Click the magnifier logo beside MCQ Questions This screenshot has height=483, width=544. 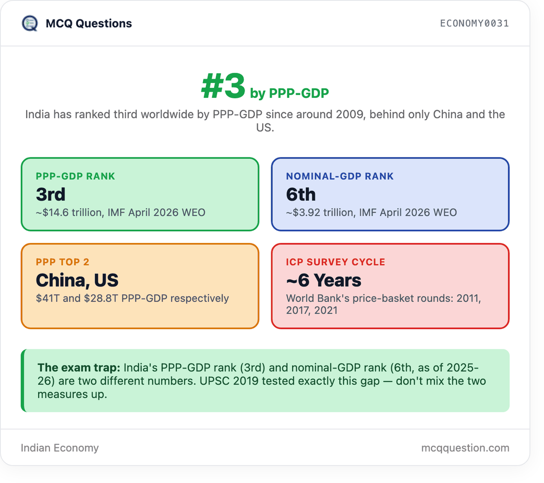30,24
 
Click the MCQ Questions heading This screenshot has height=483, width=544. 89,24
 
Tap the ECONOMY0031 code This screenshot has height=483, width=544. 474,24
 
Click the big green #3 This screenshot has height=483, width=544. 223,86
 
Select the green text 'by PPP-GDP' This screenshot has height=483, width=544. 289,93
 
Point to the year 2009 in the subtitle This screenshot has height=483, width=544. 351,114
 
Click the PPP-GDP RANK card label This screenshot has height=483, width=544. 75,176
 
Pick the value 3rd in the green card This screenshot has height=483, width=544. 51,194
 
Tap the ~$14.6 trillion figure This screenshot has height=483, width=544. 70,213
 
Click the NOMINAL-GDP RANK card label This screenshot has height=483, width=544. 340,176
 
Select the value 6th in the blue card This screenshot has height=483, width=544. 301,194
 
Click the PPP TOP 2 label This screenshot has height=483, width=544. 63,262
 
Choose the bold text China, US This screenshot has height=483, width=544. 77,280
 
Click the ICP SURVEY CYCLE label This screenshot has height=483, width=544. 336,262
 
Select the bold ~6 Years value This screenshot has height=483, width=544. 323,280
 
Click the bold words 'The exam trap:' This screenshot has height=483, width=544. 79,367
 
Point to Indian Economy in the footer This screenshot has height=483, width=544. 60,448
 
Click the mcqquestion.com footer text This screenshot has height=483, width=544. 465,448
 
